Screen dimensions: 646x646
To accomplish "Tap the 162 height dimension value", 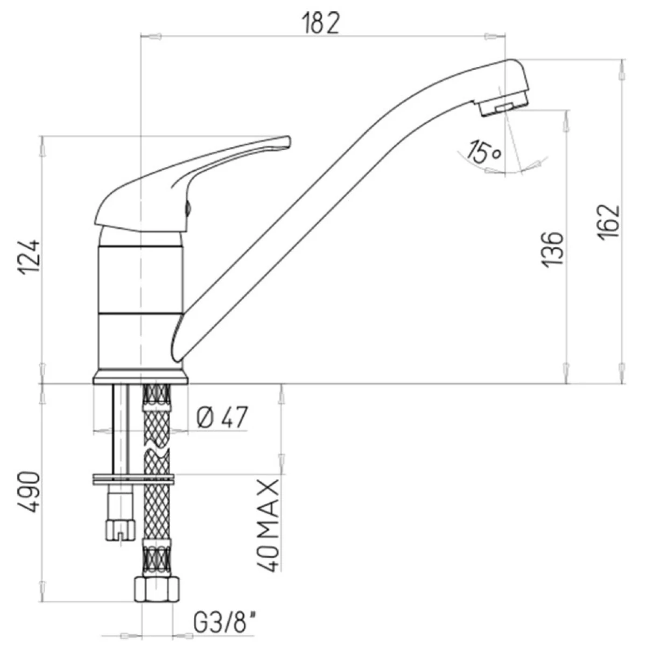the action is click(x=608, y=222).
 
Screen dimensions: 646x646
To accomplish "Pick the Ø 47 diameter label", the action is click(x=222, y=417).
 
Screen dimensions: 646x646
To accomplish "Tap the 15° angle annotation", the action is click(x=484, y=151).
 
